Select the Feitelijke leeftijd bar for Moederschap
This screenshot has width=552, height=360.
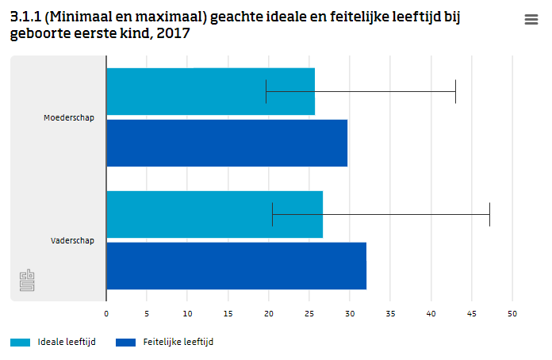[x=226, y=143]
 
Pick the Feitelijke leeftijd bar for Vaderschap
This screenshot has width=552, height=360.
[x=236, y=266]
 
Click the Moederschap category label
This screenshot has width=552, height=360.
[x=69, y=118]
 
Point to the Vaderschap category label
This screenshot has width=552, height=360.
[x=72, y=240]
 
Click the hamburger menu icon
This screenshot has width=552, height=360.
[x=531, y=21]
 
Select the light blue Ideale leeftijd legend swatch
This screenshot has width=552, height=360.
[x=21, y=343]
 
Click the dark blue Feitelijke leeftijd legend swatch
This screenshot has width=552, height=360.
[x=126, y=343]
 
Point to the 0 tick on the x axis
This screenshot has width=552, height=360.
[x=106, y=313]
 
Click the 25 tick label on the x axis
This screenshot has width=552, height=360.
[x=309, y=313]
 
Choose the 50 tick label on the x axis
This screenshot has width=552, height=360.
[x=512, y=313]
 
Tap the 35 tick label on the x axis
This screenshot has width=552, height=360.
[x=390, y=313]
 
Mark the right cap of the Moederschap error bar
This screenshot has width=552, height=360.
[x=455, y=91]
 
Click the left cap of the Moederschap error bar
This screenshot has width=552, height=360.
[x=266, y=91]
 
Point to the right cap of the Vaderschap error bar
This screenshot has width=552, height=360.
[x=489, y=214]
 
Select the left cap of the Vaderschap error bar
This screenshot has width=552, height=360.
[x=272, y=214]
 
